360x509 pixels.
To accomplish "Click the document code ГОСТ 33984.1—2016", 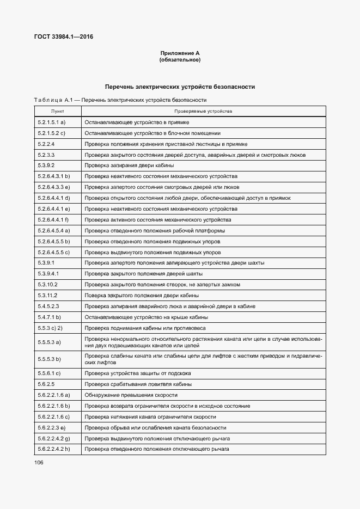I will [x=64, y=37].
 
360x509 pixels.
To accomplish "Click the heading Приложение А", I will [x=180, y=53].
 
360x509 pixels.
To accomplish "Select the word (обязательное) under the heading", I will [x=180, y=60].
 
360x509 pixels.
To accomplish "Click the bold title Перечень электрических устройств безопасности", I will [x=180, y=87].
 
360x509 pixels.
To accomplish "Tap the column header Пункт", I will [x=58, y=111].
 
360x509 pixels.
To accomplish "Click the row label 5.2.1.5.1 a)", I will [x=52, y=122].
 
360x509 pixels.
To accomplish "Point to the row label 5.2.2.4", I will [x=46, y=144].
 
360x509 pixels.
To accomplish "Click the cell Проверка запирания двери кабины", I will [x=129, y=165].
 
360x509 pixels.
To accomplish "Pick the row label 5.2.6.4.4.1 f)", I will [x=54, y=220].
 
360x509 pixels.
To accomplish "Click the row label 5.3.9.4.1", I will [x=48, y=274].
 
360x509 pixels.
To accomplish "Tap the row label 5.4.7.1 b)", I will [x=49, y=317].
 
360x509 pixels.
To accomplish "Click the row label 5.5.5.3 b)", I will [x=50, y=359].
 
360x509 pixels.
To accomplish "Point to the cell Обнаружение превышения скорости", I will [x=131, y=395].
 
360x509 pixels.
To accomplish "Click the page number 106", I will [x=39, y=463].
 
